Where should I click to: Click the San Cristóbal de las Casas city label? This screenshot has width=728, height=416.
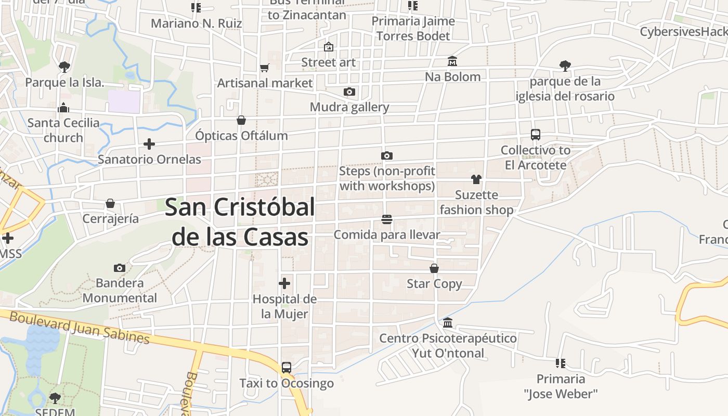coord(240,222)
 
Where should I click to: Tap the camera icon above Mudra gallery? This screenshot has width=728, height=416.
coord(349,92)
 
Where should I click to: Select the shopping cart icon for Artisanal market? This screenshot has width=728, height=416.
coord(264,68)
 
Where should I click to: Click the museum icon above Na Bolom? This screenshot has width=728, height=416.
coord(452,61)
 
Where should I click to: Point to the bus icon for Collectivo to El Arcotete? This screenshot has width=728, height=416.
coord(536,135)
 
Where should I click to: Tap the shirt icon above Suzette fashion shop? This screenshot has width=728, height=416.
coord(476,179)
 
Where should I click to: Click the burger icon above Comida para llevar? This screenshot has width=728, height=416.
coord(386,219)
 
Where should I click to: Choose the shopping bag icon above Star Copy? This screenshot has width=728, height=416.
coord(434,268)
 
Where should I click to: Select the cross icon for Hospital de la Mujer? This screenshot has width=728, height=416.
coord(284,283)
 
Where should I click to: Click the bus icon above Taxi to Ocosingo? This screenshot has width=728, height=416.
coord(286,368)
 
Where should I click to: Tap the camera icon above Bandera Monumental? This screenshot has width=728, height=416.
coord(120,268)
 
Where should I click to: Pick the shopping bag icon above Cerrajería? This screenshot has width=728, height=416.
coord(110,203)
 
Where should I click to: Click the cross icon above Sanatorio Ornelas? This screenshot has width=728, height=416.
coord(149,144)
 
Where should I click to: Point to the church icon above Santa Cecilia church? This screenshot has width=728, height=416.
coord(63,108)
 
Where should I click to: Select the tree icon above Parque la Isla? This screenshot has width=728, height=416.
coord(64,67)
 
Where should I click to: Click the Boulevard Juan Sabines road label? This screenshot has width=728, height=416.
coord(80,328)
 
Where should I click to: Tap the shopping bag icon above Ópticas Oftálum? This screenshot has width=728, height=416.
coord(241,120)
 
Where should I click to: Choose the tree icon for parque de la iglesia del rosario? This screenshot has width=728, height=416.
coord(565,66)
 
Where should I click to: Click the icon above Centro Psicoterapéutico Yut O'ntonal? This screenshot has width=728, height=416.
coord(448,323)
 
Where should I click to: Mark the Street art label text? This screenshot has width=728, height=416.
coord(329,62)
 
